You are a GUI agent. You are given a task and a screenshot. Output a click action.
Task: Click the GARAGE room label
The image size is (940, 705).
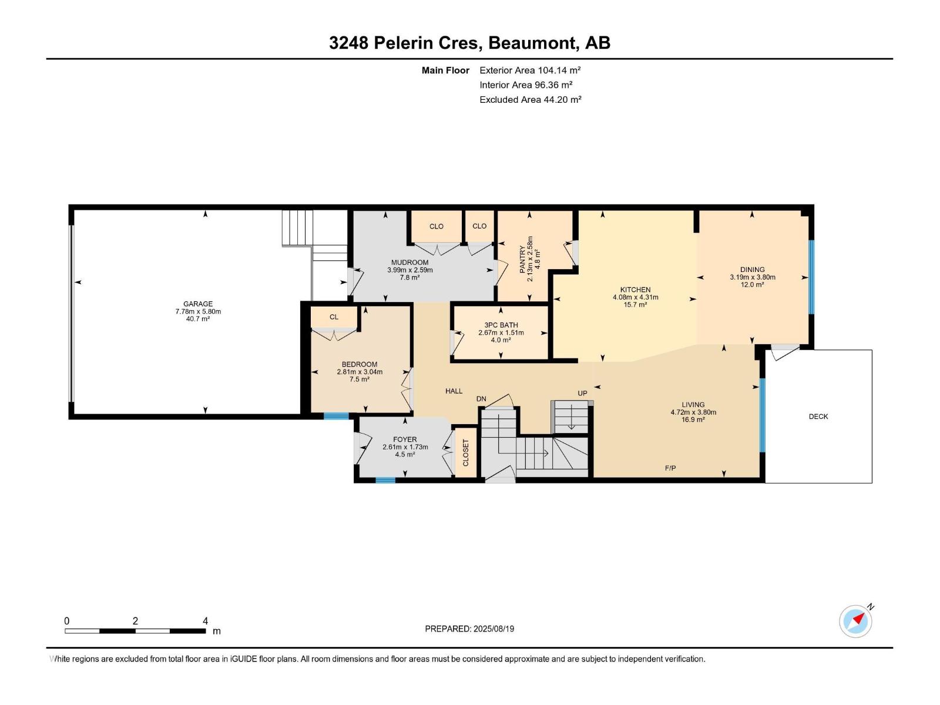pos(197,304)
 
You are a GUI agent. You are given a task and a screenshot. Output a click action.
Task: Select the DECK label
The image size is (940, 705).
pos(818,417)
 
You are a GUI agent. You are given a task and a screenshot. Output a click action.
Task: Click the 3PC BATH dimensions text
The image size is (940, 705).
pos(501,333)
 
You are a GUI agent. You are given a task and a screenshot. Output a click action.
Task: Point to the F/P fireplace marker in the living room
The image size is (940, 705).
pos(670,468)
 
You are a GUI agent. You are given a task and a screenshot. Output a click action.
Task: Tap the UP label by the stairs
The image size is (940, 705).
pos(582,393)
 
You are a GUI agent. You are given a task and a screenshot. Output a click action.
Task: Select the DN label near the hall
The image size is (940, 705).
pos(481,399)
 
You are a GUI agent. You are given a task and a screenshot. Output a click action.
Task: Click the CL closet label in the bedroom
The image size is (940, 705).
pos(334,317)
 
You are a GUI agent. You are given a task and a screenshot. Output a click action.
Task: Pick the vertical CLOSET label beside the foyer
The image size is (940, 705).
pos(466,452)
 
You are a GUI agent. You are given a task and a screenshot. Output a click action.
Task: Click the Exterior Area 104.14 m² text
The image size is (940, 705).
pos(530,70)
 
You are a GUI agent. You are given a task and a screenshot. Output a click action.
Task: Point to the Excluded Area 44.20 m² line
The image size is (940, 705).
pos(530,99)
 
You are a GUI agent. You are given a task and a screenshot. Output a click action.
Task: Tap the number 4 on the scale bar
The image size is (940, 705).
pos(205,621)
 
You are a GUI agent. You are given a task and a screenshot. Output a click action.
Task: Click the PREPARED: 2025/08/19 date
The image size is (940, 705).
pos(469,629)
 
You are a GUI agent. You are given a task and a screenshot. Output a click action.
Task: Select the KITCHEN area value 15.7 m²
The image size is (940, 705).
pos(635,305)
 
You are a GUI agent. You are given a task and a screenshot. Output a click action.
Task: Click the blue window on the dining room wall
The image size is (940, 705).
pos(812,277)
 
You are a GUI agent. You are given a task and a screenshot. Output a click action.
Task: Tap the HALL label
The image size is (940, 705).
pos(454,391)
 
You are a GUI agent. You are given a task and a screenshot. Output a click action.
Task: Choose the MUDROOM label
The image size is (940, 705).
pos(409,263)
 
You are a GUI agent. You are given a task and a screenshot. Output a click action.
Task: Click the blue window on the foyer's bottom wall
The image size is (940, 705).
pos(385,480)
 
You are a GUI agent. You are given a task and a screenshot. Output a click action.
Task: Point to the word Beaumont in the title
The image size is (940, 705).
pos(532,43)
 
